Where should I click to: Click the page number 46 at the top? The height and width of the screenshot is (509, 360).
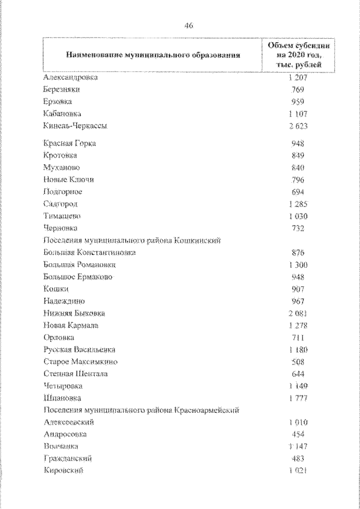tap(188, 25)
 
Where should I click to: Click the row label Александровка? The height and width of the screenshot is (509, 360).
tap(70, 77)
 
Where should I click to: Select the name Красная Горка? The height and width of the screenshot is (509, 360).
tap(69, 143)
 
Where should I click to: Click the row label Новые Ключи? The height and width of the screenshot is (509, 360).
tap(68, 179)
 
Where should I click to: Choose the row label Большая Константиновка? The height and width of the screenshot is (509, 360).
tap(89, 253)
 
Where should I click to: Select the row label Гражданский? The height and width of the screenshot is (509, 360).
tap(67, 458)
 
